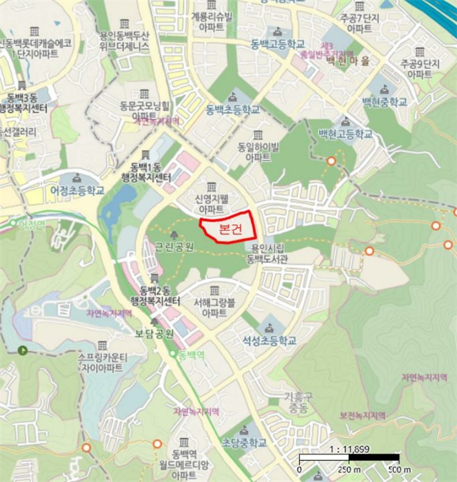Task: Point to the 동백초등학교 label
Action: [x=233, y=109]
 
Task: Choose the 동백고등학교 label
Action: [x=278, y=45]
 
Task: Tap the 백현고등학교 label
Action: [x=345, y=134]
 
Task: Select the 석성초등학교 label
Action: [x=268, y=340]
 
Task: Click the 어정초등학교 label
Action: [x=77, y=190]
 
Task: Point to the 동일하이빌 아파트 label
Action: [x=258, y=151]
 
